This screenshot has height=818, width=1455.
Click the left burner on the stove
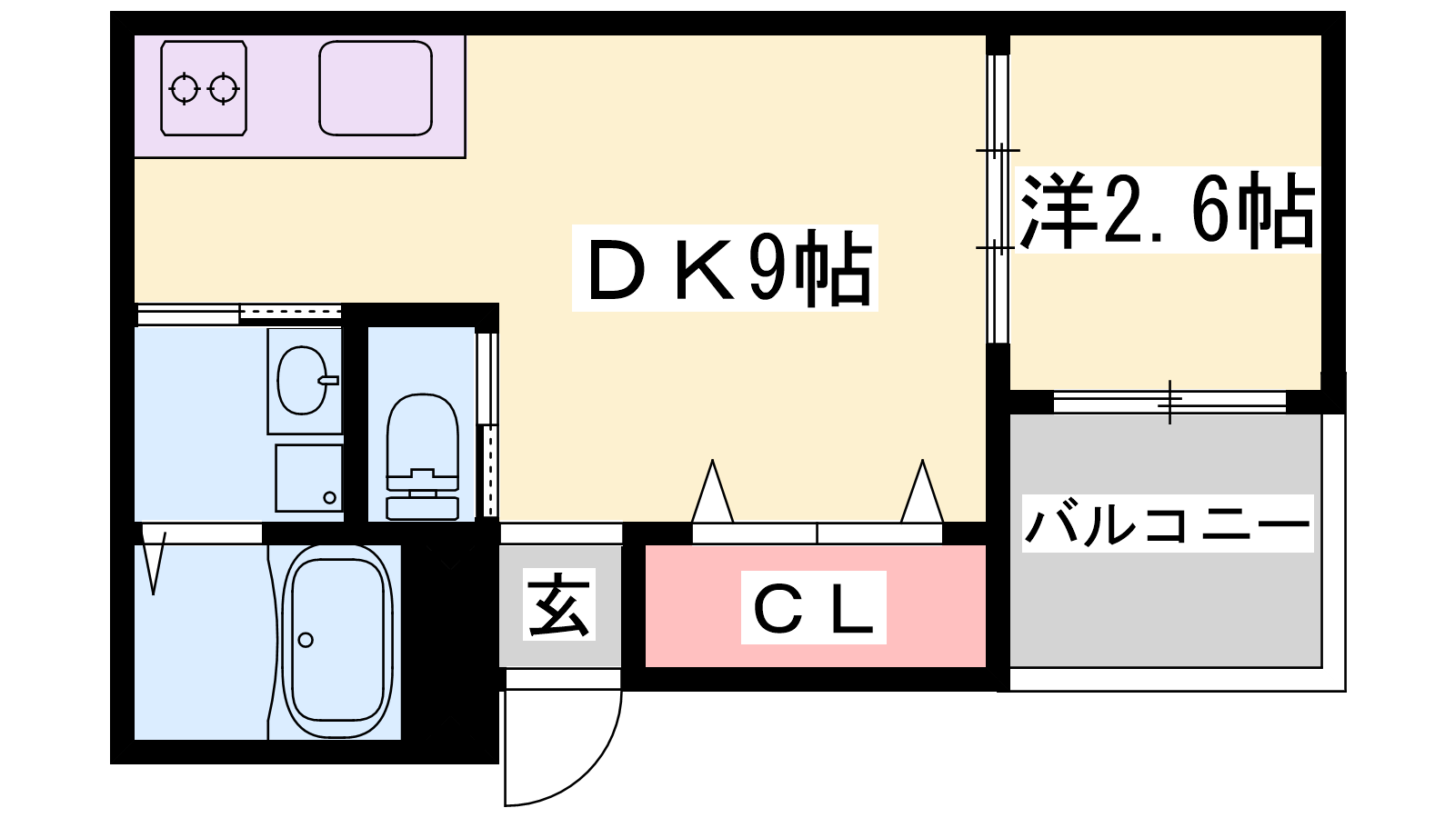(185, 89)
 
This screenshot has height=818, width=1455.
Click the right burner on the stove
(223, 89)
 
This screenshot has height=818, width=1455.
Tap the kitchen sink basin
(375, 88)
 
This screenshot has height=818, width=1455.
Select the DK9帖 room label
(725, 268)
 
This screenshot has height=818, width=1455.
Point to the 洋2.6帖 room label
(1167, 211)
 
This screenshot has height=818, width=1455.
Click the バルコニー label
(1168, 524)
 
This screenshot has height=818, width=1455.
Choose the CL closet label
(813, 608)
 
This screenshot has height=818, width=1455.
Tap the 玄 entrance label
(559, 604)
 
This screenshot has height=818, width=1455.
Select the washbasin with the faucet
(302, 380)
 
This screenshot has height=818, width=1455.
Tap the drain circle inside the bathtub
(306, 640)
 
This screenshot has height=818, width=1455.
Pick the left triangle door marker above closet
(712, 493)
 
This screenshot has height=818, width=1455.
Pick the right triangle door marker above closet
(922, 493)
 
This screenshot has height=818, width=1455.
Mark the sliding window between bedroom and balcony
(1169, 401)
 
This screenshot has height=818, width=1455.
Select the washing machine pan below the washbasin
(309, 477)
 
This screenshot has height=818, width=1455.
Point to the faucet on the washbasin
(328, 380)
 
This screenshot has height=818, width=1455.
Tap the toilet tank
(422, 505)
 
